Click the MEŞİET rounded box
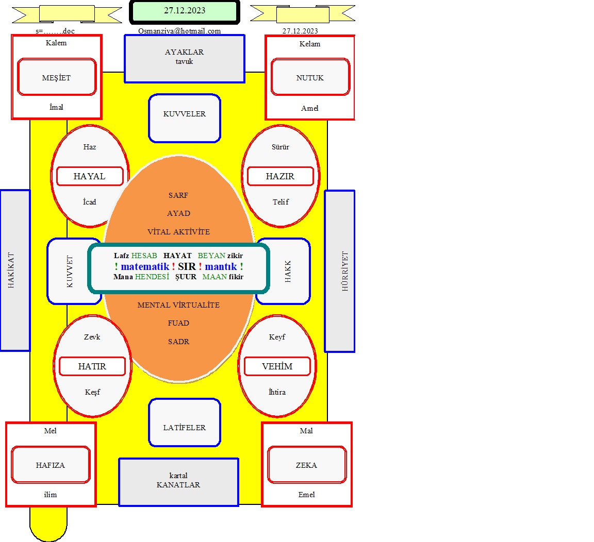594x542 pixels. tap(56, 77)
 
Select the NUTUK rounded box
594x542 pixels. tap(310, 77)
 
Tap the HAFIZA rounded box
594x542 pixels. tap(51, 465)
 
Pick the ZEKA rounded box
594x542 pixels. tap(307, 465)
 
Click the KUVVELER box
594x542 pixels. tap(185, 118)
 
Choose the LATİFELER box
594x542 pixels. tap(185, 422)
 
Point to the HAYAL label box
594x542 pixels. tap(90, 176)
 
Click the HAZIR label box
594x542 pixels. tap(280, 176)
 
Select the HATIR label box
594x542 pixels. tap(92, 366)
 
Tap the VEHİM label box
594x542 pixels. tap(277, 366)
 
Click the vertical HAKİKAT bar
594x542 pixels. tap(15, 270)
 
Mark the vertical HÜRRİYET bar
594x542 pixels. tap(340, 272)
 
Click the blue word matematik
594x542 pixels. tap(145, 266)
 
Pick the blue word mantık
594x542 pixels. tap(221, 266)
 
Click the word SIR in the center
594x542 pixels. tap(187, 266)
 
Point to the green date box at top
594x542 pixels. tap(185, 12)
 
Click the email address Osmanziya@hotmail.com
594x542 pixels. tap(179, 31)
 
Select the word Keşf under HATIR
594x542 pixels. tap(92, 392)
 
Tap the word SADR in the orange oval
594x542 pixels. tap(179, 342)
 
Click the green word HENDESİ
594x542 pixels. tap(152, 277)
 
